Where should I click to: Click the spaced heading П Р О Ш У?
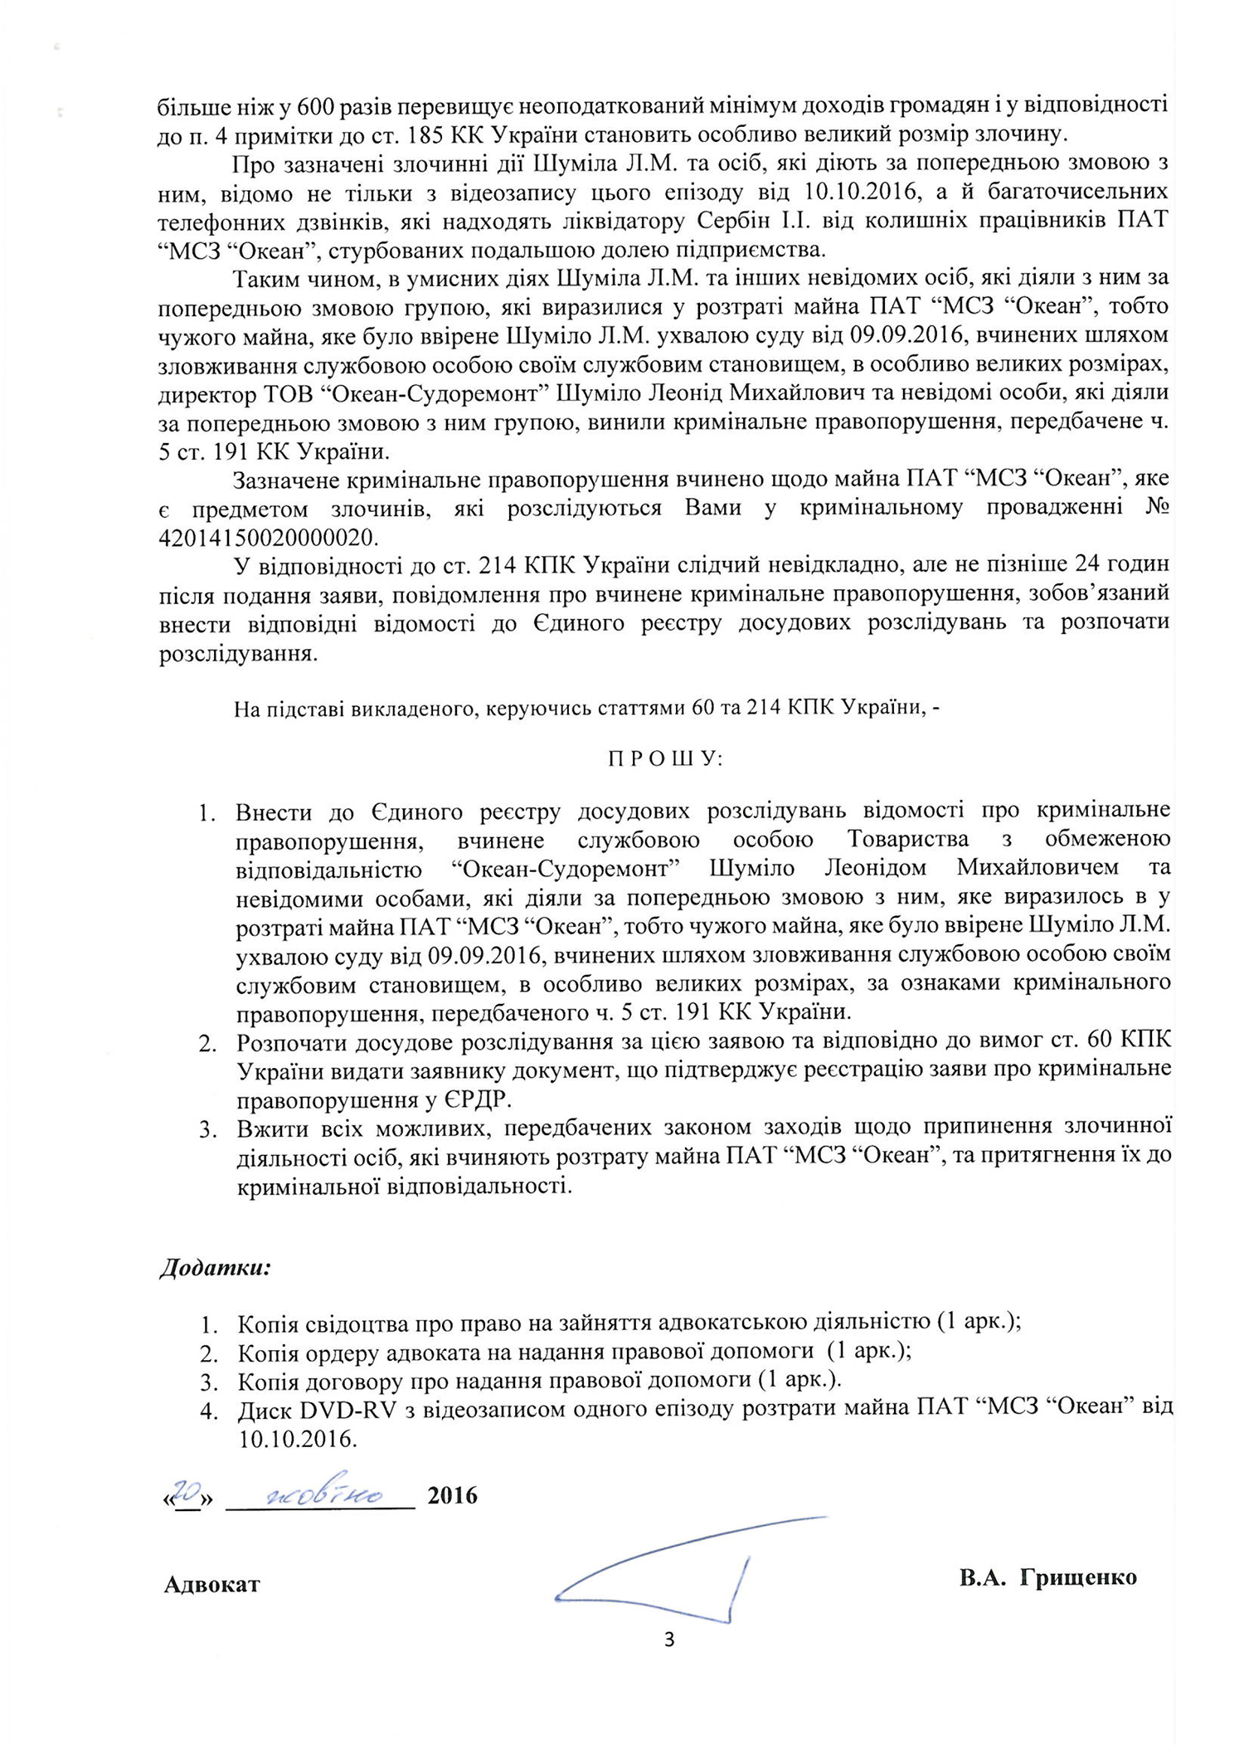coord(665,759)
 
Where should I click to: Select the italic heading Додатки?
coord(216,1268)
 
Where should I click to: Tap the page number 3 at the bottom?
coord(669,1640)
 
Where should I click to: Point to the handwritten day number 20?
coord(188,1492)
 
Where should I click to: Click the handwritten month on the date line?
coord(324,1495)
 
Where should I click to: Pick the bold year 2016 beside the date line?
coord(452,1495)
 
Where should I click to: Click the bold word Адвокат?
coord(212,1584)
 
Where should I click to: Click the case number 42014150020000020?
coord(267,538)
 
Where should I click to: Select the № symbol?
coord(1157,507)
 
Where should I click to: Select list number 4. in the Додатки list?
coord(208,1410)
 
